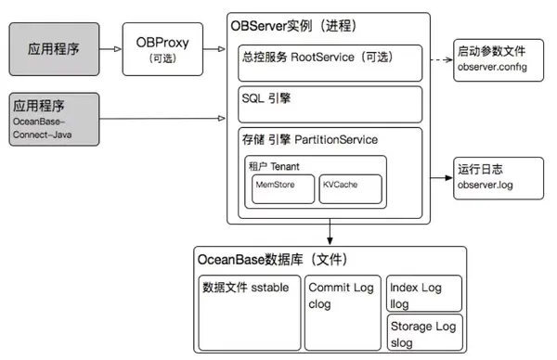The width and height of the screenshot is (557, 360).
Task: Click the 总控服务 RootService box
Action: click(330, 61)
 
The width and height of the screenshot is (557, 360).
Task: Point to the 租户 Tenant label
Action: click(275, 165)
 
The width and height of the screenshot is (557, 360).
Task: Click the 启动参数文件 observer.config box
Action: click(499, 59)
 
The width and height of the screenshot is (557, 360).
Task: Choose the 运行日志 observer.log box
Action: click(499, 177)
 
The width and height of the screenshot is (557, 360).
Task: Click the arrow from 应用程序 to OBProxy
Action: click(112, 48)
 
